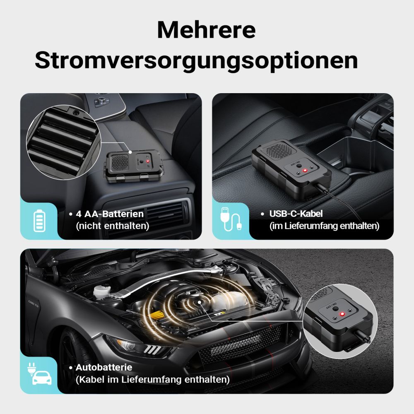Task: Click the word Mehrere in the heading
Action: point(206,30)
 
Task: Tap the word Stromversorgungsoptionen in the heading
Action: point(196,61)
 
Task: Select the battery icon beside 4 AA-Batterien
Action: point(39,221)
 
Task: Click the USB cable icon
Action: point(231,219)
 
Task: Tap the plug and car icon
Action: point(39,373)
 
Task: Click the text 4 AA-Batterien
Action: point(110,214)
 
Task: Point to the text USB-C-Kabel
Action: point(296,214)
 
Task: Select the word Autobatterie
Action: point(104,367)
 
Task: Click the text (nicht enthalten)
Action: point(113,226)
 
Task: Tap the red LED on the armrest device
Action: point(148,161)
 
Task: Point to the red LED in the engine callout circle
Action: point(342,314)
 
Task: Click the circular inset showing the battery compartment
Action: point(63,142)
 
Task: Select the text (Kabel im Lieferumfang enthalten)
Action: point(153,380)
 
